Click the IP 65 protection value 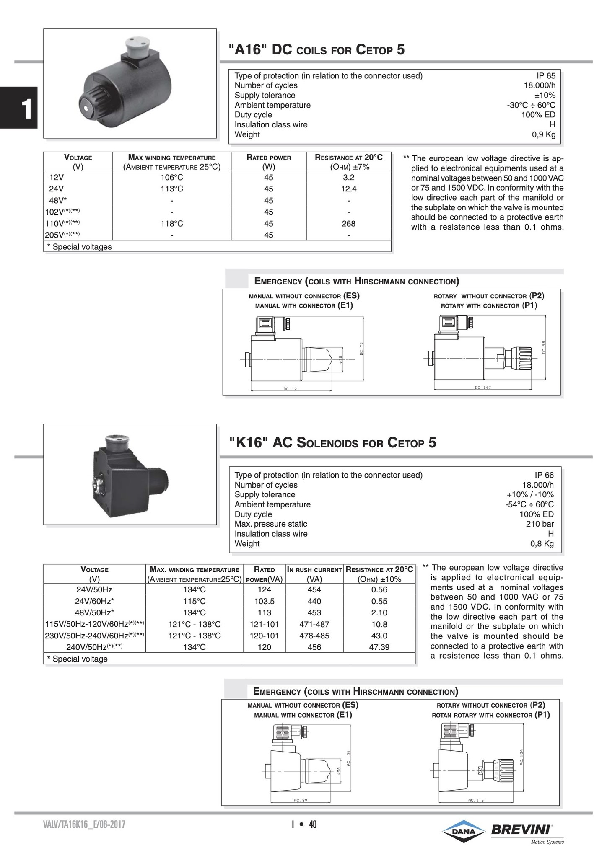coord(546,76)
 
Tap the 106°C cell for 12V coord(172,177)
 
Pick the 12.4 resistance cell coord(348,189)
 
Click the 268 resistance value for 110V coord(348,224)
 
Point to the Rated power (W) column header coord(269,162)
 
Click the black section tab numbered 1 coord(19,108)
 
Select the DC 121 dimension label coord(291,389)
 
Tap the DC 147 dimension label coord(483,388)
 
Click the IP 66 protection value coord(544,475)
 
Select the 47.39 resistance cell coord(379,647)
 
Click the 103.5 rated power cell coord(264,601)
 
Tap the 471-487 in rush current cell coord(314,624)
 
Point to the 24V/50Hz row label coord(94,589)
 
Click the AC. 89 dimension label coord(301,800)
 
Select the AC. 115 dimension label coord(476,800)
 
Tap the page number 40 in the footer coord(313,824)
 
